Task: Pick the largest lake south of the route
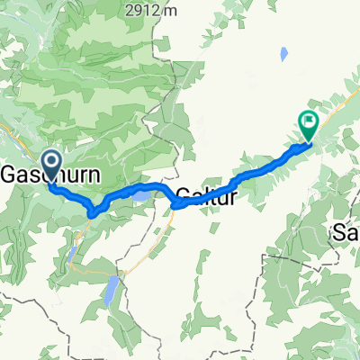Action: (110, 291)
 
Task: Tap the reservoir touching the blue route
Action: (143, 193)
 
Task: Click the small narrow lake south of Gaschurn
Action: (72, 255)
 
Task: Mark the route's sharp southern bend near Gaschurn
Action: (94, 212)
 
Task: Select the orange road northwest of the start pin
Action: (13, 135)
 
